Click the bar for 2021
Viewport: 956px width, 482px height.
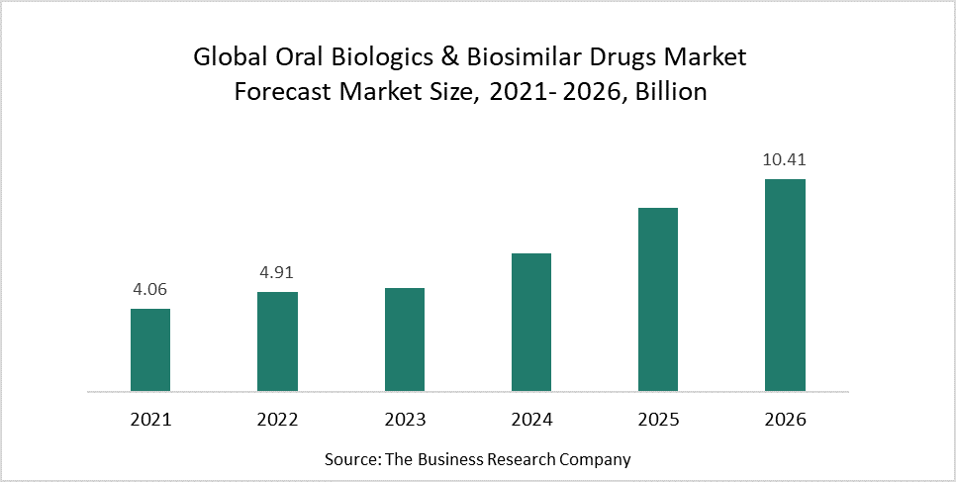(x=150, y=349)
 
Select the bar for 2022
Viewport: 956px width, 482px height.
(x=277, y=341)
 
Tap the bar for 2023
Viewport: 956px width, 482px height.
(x=404, y=339)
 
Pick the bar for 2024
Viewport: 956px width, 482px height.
(x=530, y=322)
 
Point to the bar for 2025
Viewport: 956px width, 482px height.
(x=658, y=299)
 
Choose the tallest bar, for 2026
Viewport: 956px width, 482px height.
(x=785, y=285)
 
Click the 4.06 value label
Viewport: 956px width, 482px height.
(x=150, y=291)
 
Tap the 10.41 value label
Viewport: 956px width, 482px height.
(x=785, y=160)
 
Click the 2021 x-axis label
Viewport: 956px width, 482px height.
(x=150, y=419)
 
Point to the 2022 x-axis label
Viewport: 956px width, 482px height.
(x=277, y=419)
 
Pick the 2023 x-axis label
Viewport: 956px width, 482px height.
(x=404, y=419)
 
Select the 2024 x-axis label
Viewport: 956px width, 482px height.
(x=530, y=419)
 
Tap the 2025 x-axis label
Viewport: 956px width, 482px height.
(x=658, y=419)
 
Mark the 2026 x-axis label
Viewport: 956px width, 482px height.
(x=785, y=419)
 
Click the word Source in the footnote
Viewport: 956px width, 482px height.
(x=351, y=459)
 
